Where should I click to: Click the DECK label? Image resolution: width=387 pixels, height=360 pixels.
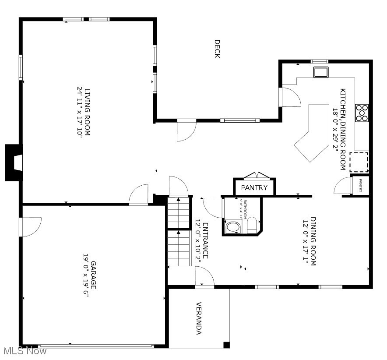(217, 49)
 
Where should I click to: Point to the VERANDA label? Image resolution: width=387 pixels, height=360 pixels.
(198, 318)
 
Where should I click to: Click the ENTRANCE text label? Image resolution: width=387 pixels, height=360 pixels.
(205, 240)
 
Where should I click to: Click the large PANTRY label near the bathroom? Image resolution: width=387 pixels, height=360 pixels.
(254, 187)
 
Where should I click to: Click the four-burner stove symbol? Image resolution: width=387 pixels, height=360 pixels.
(362, 113)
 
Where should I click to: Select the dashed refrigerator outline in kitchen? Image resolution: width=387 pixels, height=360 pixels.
(361, 162)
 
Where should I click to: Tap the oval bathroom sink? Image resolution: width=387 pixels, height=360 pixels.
(232, 227)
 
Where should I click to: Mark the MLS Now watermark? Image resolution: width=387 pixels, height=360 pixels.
(24, 351)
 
